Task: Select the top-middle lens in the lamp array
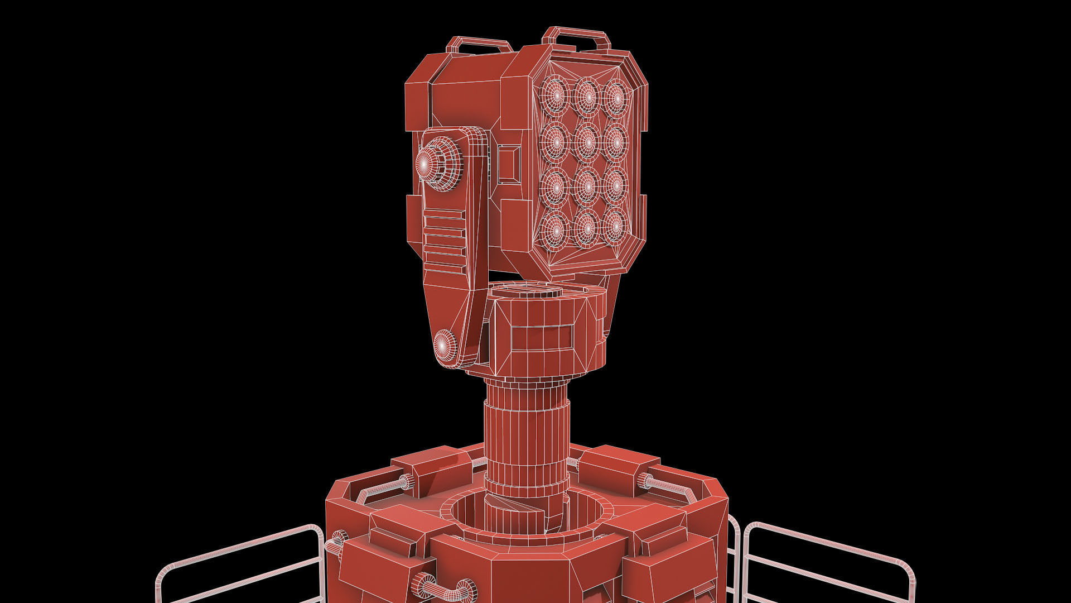(586, 96)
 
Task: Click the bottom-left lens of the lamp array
(555, 229)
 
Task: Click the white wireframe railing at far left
(240, 564)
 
